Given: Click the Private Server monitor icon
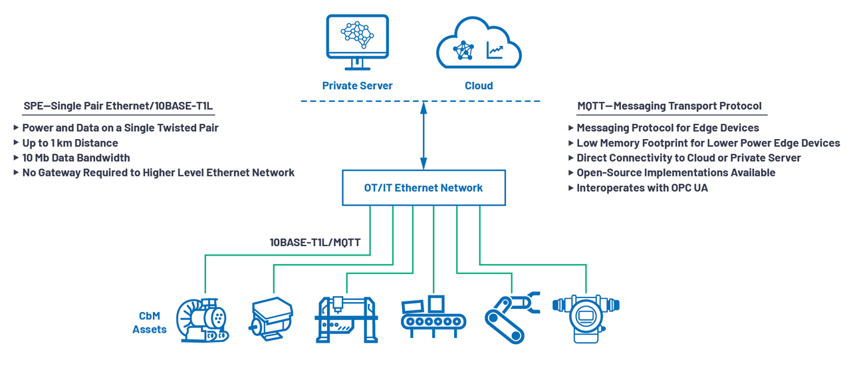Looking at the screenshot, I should (x=357, y=41).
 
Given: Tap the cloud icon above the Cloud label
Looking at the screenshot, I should (x=479, y=45).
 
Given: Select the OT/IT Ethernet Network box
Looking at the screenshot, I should (x=424, y=188).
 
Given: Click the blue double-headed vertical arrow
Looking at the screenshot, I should (x=424, y=136).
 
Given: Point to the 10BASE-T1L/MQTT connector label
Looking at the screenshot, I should (x=315, y=242).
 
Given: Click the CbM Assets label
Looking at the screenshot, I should (x=150, y=323).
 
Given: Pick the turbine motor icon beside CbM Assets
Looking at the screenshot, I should (x=203, y=320).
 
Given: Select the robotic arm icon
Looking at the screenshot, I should (x=511, y=316).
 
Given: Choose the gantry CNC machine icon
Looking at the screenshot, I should (x=346, y=319).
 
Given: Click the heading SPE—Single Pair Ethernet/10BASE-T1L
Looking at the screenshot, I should (x=118, y=106).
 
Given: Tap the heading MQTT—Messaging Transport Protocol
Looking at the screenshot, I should (x=669, y=106).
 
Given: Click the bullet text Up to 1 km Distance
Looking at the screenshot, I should (x=70, y=143).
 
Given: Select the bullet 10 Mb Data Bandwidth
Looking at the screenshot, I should (x=76, y=158).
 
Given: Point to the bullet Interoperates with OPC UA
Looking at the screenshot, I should (x=642, y=188).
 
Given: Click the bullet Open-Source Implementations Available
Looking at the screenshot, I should (x=675, y=172).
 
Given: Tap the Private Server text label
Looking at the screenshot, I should (x=357, y=86).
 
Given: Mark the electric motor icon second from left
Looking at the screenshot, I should (x=271, y=318).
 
